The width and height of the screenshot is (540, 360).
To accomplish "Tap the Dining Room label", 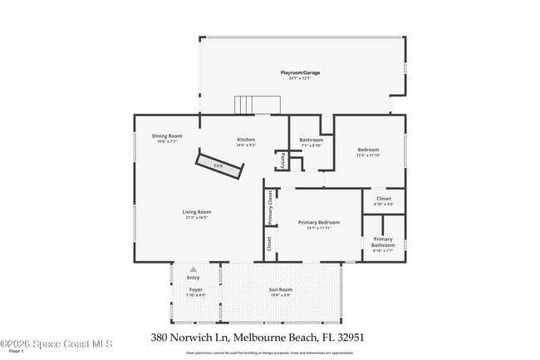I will tap(166, 136).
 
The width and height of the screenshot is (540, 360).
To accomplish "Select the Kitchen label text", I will tap(246, 140).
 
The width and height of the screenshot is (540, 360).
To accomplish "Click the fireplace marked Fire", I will tap(219, 165).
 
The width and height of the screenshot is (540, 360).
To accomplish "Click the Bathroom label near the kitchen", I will tap(311, 140).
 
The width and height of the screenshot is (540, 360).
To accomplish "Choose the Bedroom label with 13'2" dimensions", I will tap(367, 150).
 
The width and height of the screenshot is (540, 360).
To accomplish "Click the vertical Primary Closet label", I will tap(270, 207).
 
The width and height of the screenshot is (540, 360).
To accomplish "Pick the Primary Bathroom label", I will tap(383, 242).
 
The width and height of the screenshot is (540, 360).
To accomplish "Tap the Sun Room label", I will tap(279, 290).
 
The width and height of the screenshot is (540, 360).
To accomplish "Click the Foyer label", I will tap(195, 290).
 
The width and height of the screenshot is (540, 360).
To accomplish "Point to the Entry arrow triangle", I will tap(194, 269).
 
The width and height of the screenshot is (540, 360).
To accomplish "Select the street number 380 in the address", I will tap(161, 338).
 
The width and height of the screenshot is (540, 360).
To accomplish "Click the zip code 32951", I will tap(349, 338).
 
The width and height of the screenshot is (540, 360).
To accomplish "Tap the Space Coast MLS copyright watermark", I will tap(56, 343).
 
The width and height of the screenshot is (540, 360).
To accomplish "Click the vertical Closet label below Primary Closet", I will tap(270, 244).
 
